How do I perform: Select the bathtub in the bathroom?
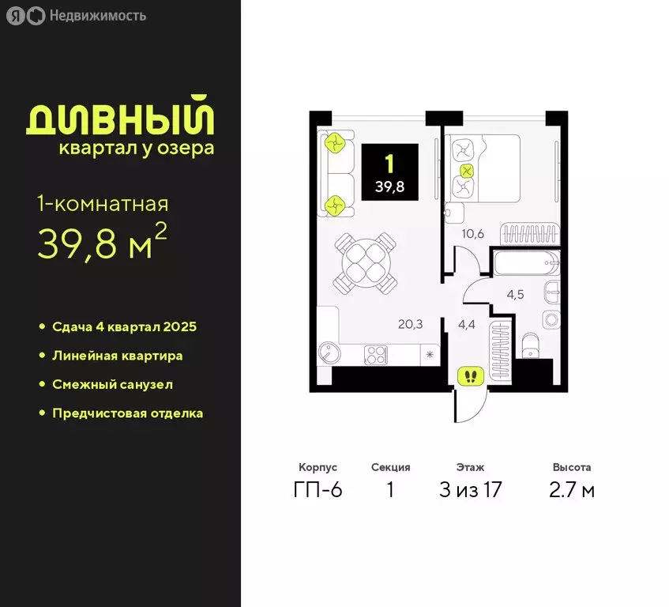(x=524, y=262)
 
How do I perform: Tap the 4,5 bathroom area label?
(x=516, y=295)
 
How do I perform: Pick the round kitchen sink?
(x=327, y=352)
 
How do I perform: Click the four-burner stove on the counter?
(x=374, y=355)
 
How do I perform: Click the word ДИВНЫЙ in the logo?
(x=120, y=119)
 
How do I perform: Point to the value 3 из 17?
(x=470, y=490)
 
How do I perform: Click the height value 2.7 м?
(x=572, y=490)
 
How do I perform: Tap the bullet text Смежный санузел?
(x=112, y=385)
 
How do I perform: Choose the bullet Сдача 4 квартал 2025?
(x=124, y=326)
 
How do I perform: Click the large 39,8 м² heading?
(x=102, y=246)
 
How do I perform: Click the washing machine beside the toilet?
(x=551, y=319)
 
